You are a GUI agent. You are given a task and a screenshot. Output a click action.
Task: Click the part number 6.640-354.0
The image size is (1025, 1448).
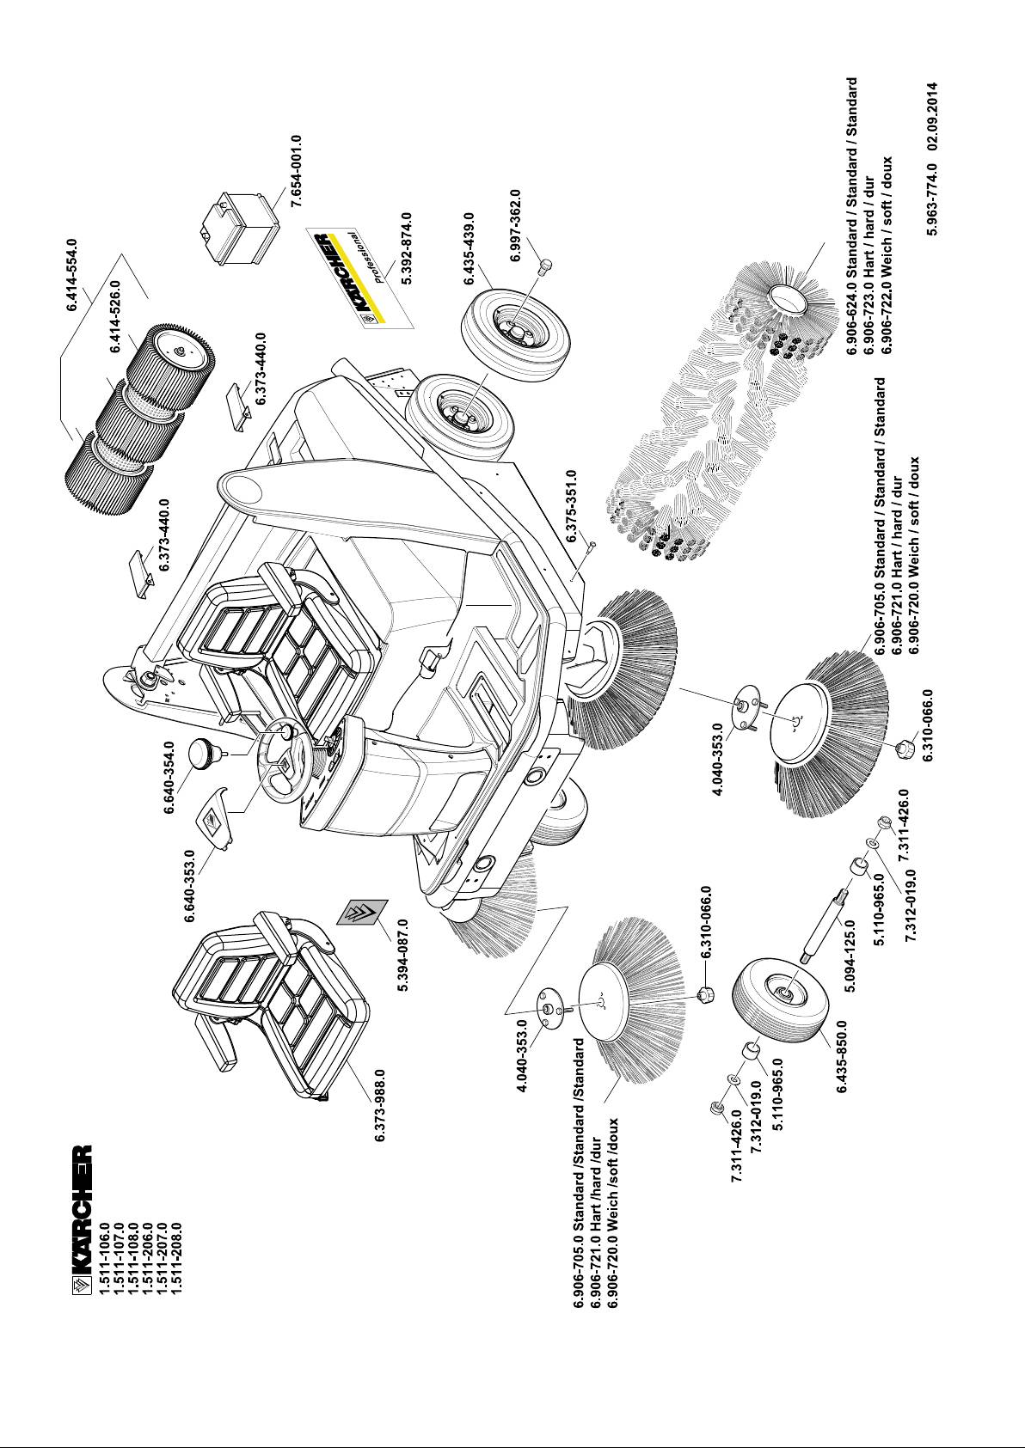pos(169,779)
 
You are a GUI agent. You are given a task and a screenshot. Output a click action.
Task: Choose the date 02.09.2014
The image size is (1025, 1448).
pos(931,127)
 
